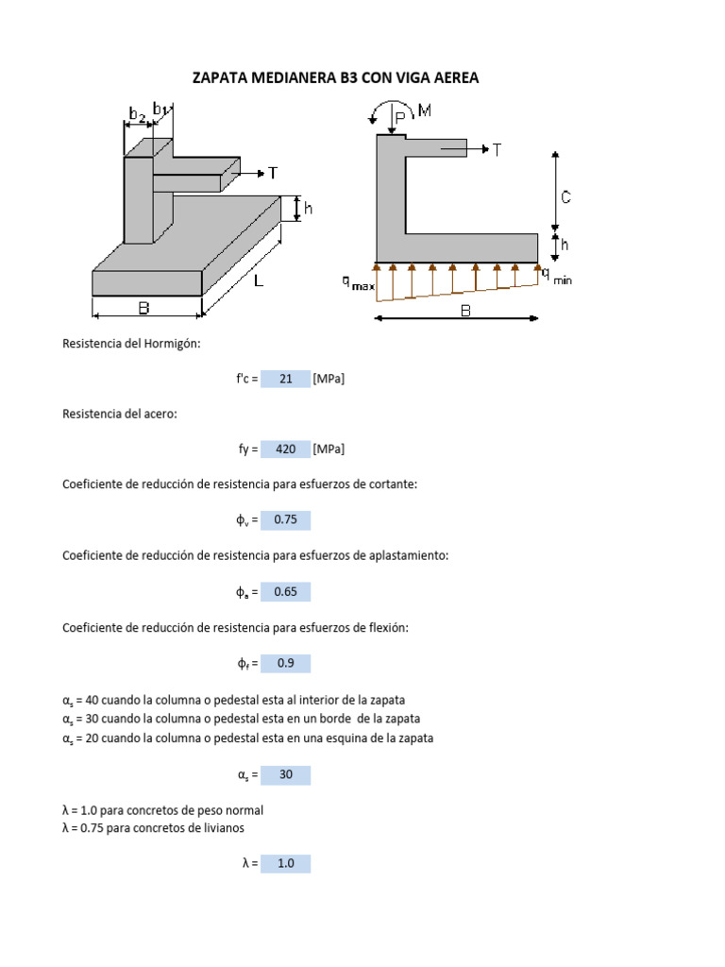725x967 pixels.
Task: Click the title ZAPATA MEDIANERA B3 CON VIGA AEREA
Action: point(335,77)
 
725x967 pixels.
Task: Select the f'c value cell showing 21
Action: point(286,379)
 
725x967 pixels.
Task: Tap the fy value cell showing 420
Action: point(286,449)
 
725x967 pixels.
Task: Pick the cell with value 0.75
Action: point(286,519)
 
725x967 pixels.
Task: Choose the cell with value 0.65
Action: point(286,591)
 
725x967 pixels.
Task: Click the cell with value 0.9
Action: point(286,663)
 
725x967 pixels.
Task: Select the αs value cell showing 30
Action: point(286,774)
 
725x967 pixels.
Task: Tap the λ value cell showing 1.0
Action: point(286,863)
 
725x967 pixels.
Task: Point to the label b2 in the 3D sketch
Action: point(137,115)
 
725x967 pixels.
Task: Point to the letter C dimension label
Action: point(565,197)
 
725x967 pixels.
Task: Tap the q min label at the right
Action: point(556,277)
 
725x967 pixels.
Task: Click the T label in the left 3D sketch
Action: point(272,173)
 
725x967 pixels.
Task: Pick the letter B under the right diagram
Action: point(464,310)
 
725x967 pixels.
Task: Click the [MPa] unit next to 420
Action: point(329,449)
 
